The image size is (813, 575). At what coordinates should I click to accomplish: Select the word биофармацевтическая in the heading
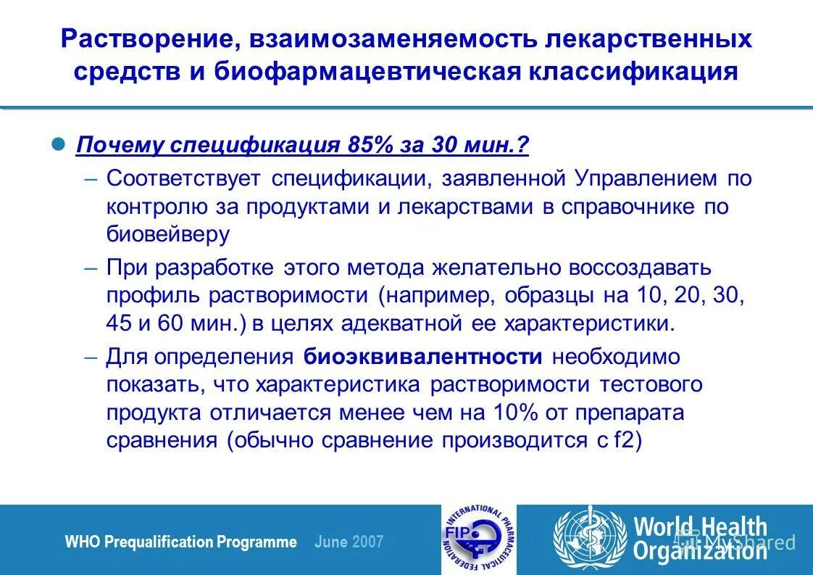[365, 73]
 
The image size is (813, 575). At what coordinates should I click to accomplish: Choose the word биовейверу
[167, 233]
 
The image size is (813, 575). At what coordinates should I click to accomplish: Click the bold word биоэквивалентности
[423, 357]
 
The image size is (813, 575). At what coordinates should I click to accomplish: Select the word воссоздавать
[640, 267]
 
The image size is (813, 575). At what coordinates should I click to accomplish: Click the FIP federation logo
[475, 540]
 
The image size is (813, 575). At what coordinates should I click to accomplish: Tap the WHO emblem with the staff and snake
[590, 540]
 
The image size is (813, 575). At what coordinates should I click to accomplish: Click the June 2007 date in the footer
[349, 542]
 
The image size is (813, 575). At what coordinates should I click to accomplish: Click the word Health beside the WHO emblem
[733, 527]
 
